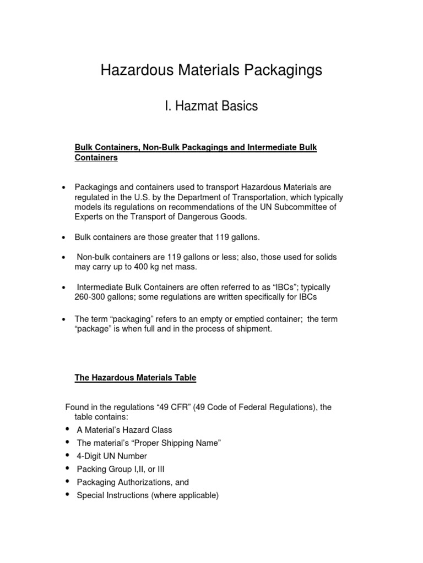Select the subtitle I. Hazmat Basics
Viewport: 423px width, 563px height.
tap(211, 106)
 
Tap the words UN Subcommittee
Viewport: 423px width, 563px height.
tap(299, 207)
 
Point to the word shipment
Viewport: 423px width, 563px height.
tap(252, 329)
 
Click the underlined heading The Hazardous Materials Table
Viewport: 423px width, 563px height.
tap(135, 378)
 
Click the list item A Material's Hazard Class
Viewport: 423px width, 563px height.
tap(124, 429)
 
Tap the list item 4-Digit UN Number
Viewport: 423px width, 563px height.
tap(112, 456)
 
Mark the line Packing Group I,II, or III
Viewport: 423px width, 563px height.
tap(120, 469)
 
